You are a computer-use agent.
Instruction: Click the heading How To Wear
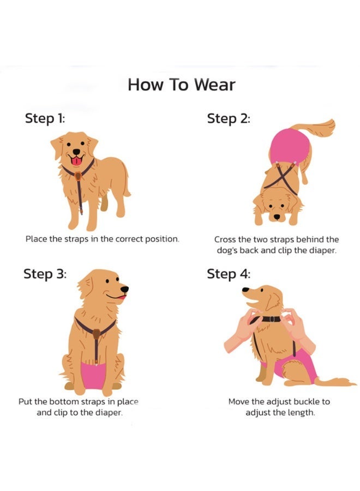[181, 85]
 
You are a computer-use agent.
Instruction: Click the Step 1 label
[45, 118]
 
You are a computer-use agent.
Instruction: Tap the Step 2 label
[229, 118]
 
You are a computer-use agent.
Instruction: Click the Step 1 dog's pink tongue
[77, 160]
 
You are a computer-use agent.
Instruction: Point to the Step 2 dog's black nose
[277, 217]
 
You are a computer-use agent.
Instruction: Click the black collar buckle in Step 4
[271, 319]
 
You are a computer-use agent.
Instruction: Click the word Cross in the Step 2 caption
[226, 239]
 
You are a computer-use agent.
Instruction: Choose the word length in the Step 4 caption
[302, 412]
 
